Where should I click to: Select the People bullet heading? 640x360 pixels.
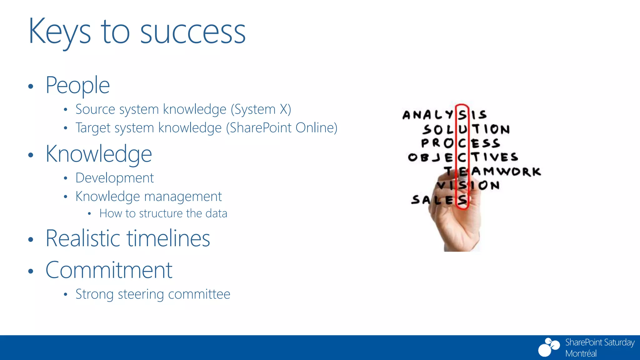(x=78, y=85)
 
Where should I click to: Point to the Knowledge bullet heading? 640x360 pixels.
(x=99, y=154)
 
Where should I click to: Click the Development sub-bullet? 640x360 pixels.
(x=115, y=178)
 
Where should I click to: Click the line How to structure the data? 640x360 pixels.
(x=163, y=213)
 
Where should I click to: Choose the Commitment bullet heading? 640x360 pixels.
(x=109, y=270)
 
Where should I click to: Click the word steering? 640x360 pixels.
(x=141, y=294)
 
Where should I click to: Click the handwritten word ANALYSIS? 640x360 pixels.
(x=444, y=115)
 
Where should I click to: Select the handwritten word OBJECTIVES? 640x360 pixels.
(x=462, y=157)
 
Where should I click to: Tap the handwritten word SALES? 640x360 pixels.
(x=439, y=200)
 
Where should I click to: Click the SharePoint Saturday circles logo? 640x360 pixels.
(x=549, y=347)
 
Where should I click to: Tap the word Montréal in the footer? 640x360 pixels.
(x=581, y=353)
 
